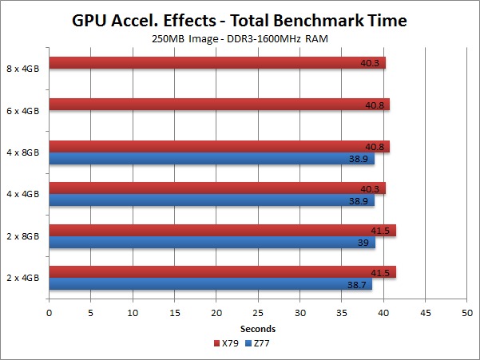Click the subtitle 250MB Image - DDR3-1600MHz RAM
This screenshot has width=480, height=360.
click(240, 39)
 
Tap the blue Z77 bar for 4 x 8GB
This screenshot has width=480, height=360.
click(212, 159)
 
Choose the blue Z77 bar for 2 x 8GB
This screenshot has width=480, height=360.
click(212, 243)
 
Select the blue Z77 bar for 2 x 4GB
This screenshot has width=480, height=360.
click(211, 284)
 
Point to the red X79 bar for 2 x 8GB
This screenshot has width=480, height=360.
click(222, 231)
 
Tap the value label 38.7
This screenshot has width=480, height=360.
click(359, 284)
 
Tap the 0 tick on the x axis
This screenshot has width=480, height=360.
click(50, 313)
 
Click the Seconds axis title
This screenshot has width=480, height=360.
click(258, 328)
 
